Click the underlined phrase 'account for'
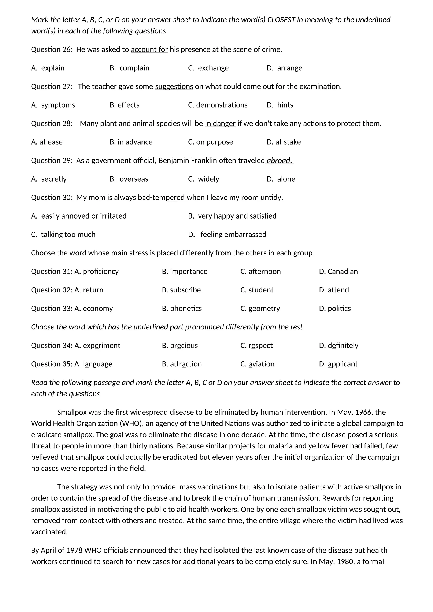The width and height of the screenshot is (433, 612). pos(149,50)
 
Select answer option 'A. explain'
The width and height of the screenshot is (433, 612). pos(48,68)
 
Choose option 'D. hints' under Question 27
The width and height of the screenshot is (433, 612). pos(280,105)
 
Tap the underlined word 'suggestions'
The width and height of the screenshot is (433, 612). pos(174,87)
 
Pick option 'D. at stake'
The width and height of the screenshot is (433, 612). pos(284,142)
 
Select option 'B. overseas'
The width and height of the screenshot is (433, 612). pos(129,179)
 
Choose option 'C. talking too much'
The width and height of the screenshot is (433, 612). pos(63,235)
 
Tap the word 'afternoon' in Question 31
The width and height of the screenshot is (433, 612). pos(264,272)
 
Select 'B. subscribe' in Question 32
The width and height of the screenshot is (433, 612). pos(181,290)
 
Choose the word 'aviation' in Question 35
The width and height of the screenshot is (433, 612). pos(261,364)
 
